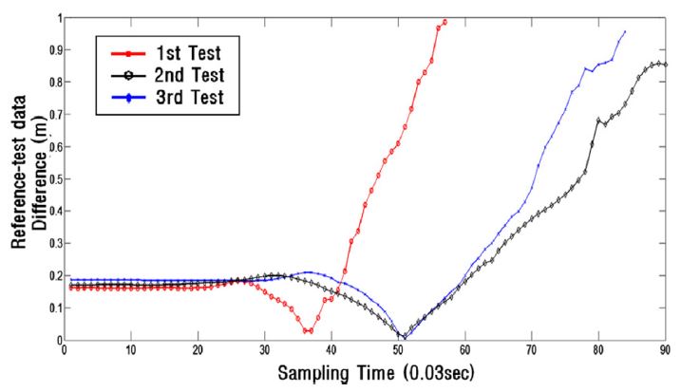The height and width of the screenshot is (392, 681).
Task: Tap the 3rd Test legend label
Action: pyautogui.click(x=191, y=96)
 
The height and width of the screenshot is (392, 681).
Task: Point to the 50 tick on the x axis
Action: pyautogui.click(x=397, y=350)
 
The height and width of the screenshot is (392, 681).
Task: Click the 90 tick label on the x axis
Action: pyautogui.click(x=664, y=350)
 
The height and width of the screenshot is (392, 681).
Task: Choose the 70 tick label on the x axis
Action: pyautogui.click(x=531, y=350)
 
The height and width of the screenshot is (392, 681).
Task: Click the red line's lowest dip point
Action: pyautogui.click(x=308, y=331)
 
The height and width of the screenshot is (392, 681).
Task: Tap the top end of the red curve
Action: pyautogui.click(x=445, y=21)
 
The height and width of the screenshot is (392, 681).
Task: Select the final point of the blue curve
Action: pyautogui.click(x=624, y=31)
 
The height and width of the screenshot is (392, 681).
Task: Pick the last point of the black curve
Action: pyautogui.click(x=665, y=65)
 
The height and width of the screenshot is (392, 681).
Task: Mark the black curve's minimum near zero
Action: pyautogui.click(x=404, y=337)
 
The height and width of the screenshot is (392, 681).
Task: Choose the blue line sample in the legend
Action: pyautogui.click(x=129, y=96)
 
